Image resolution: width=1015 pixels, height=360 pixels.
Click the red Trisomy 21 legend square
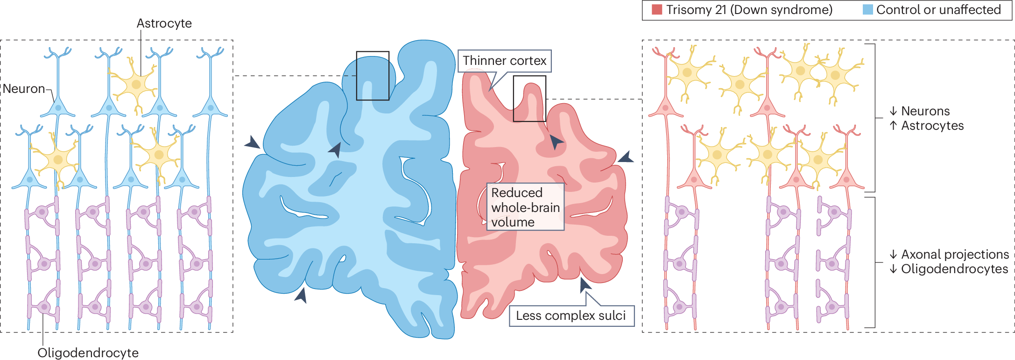[656, 9]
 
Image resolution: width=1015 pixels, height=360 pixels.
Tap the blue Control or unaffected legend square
[867, 9]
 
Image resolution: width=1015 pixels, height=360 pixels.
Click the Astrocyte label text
[164, 23]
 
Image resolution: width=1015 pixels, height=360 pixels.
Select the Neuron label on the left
[24, 89]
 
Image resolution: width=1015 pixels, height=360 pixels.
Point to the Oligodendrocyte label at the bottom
[88, 353]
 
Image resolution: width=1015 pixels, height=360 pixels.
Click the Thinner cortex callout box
[504, 61]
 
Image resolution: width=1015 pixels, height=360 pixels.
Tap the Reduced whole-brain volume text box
[525, 207]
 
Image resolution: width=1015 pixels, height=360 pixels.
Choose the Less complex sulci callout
[571, 316]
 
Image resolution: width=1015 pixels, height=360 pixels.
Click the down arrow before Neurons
[893, 111]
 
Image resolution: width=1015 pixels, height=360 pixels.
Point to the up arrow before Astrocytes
[893, 126]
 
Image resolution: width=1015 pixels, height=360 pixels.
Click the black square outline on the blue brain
[373, 76]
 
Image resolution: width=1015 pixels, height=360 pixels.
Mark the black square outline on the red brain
[529, 99]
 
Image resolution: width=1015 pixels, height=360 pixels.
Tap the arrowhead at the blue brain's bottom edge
[302, 295]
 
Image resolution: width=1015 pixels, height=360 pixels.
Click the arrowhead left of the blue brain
[253, 143]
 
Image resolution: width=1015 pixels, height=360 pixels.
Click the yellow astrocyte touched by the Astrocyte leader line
[136, 85]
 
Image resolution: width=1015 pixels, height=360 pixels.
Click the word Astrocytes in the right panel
[932, 126]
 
